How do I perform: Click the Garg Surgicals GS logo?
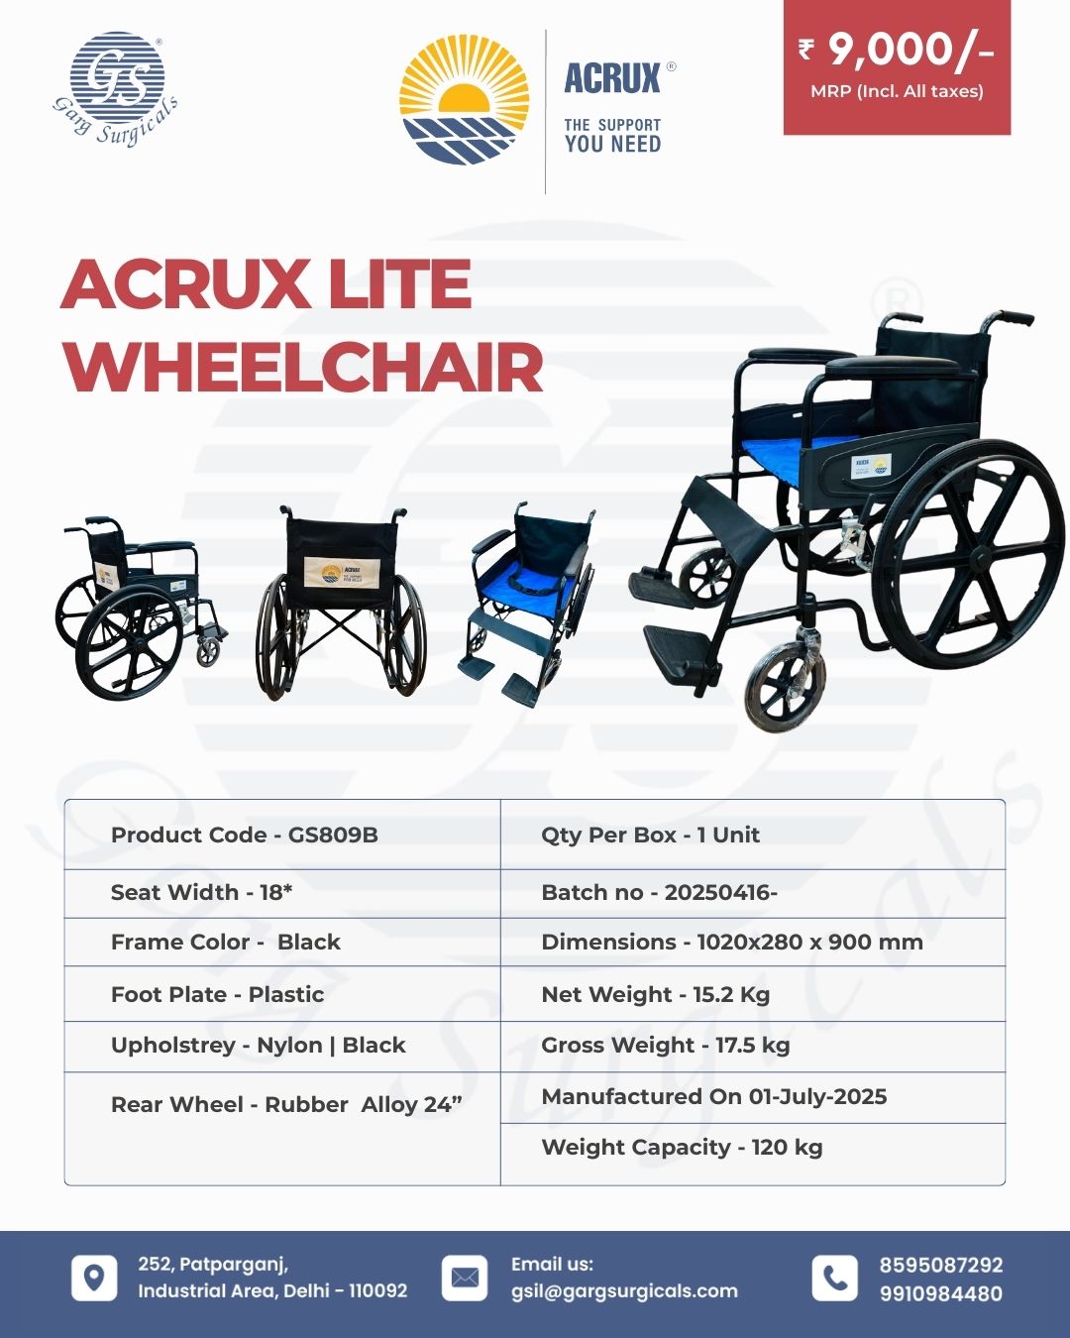point(116,87)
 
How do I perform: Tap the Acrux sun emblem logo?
point(464,99)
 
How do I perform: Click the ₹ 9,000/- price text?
point(897,50)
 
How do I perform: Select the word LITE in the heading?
point(400,284)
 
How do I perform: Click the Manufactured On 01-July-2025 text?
point(713,1096)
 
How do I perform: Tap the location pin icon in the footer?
point(94,1278)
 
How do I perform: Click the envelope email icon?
point(465,1278)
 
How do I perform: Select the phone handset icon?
point(835,1278)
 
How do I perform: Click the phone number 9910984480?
point(940,1293)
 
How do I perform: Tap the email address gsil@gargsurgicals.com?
point(624,1291)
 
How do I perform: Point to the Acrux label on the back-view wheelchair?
point(342,572)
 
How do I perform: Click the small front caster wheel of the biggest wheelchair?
point(785,687)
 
